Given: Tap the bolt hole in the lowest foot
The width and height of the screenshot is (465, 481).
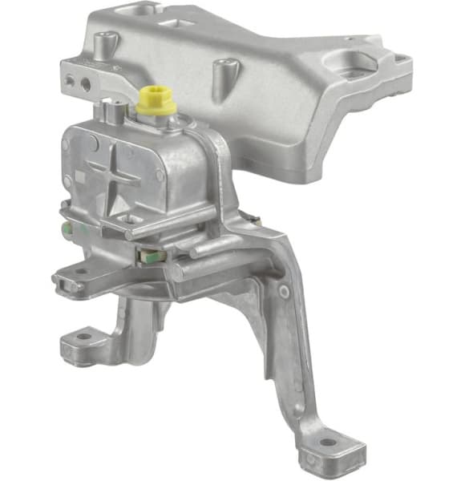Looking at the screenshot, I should pos(330,443).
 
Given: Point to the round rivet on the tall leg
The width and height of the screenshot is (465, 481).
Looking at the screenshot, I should pos(284,291).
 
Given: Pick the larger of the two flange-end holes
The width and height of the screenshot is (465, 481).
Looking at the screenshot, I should pos(84,82).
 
